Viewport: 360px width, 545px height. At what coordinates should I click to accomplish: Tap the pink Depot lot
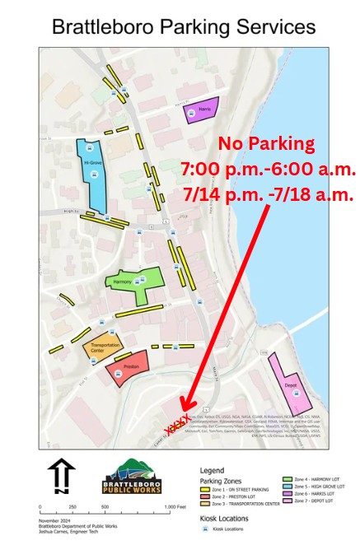coord(288,386)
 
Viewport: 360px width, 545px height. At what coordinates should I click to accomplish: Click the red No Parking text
coord(266,144)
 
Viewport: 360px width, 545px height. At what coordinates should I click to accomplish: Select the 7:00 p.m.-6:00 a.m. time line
coord(268,170)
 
